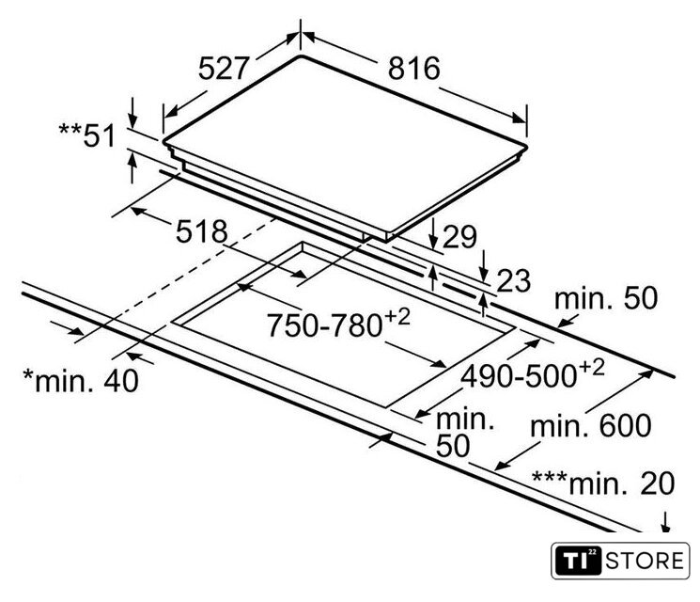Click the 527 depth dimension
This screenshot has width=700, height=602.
click(223, 68)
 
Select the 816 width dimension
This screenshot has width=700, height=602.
click(413, 69)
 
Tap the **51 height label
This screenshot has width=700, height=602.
click(87, 135)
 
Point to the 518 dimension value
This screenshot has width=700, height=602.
click(201, 231)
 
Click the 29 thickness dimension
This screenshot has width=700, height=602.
click(459, 237)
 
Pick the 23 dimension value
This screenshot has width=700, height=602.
click(513, 280)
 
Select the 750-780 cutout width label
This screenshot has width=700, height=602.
click(338, 323)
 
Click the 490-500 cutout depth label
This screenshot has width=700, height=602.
click(533, 373)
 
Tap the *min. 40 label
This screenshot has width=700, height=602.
click(81, 381)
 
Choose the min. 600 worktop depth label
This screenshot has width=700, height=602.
click(591, 425)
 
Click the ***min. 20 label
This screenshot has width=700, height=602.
click(603, 483)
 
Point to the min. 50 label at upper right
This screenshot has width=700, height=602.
click(606, 298)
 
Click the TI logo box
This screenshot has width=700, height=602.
click(579, 561)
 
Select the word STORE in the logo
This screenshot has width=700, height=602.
click(645, 561)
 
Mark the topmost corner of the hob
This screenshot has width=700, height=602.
click(301, 56)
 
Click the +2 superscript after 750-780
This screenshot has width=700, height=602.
click(397, 316)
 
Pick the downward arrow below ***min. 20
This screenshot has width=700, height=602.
click(665, 522)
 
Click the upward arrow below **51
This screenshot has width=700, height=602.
click(132, 167)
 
